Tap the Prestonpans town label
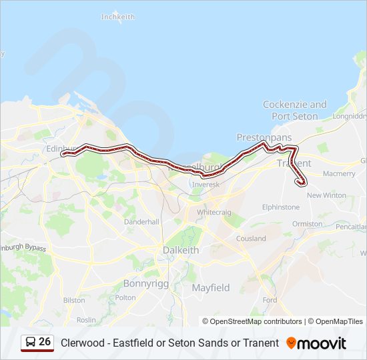pyautogui.click(x=264, y=137)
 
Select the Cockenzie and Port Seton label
pyautogui.click(x=295, y=110)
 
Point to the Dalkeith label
pyautogui.click(x=181, y=250)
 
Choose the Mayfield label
pyautogui.click(x=211, y=287)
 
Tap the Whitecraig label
pyautogui.click(x=214, y=211)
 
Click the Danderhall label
pyautogui.click(x=141, y=221)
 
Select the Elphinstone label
pyautogui.click(x=281, y=207)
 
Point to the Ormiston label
pyautogui.click(x=307, y=224)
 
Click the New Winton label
pyautogui.click(x=326, y=195)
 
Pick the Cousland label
pyautogui.click(x=251, y=238)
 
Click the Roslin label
pyautogui.click(x=86, y=320)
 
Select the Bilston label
pyautogui.click(x=74, y=300)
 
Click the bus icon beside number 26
pyautogui.click(x=30, y=343)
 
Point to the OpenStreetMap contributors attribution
pyautogui.click(x=252, y=321)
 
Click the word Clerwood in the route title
pyautogui.click(x=83, y=343)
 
